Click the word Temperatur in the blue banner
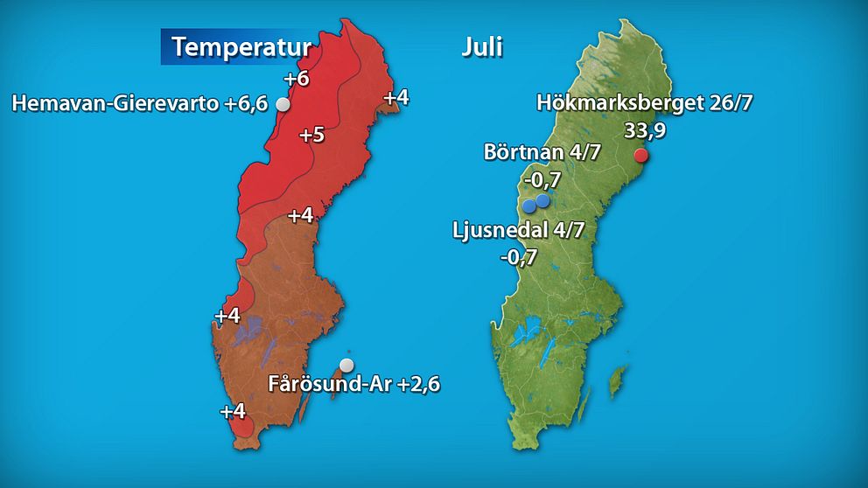pos(241,46)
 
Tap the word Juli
pos(482,46)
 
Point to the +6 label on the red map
pos(297,79)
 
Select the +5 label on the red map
pos(311,136)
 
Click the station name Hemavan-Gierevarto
pos(115,105)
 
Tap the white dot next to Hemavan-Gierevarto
pos(283,104)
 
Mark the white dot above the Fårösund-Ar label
pos(347,364)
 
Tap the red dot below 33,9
pos(640,156)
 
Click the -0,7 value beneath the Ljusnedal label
pos(518,257)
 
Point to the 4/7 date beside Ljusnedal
pos(567,233)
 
